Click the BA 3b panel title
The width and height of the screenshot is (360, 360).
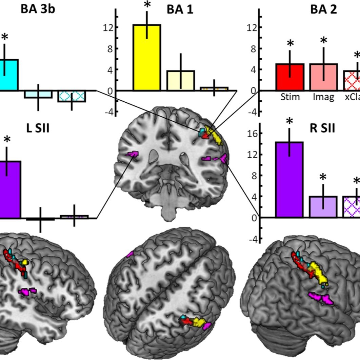pos(38,9)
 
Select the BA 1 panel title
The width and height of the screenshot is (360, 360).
pos(180,9)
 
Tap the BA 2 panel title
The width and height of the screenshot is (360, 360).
pos(324,9)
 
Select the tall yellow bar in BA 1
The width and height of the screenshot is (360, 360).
pos(147,57)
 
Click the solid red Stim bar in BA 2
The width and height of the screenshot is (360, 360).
pos(290,77)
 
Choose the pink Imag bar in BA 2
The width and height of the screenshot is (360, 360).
pos(324,77)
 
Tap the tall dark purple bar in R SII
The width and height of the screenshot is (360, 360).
pos(289,179)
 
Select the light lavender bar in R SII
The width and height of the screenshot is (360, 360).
pos(323,206)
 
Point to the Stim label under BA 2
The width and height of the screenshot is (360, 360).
pos(290,97)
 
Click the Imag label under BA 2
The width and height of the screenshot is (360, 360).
pos(324,97)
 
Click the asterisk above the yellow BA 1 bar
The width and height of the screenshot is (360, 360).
pos(147,5)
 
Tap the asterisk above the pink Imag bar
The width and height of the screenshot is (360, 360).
pos(324,41)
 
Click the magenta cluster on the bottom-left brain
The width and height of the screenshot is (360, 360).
pos(27,291)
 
